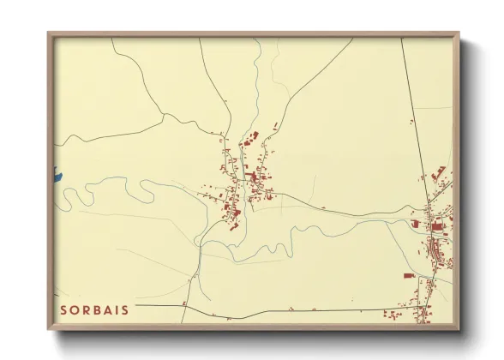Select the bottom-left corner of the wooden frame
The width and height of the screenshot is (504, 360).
[49, 329]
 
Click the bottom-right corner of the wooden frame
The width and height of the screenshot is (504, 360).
[459, 329]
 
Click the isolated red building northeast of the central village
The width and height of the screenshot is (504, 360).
[275, 127]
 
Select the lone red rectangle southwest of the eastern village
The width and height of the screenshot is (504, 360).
[409, 275]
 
